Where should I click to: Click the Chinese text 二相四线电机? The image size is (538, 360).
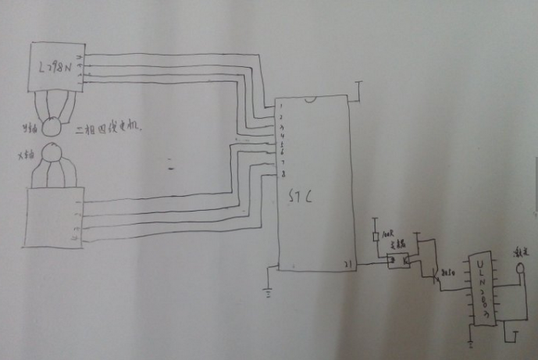(x=111, y=126)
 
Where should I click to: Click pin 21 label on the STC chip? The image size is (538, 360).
(x=348, y=264)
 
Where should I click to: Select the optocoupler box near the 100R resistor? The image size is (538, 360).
(x=399, y=258)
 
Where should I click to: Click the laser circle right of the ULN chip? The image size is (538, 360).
(x=519, y=266)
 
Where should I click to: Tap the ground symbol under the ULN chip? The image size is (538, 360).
(x=472, y=341)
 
